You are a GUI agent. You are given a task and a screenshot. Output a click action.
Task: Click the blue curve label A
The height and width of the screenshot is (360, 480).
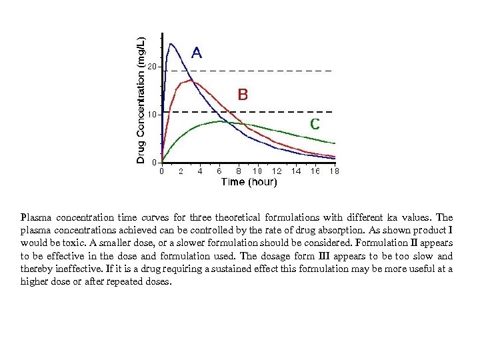tap(198, 52)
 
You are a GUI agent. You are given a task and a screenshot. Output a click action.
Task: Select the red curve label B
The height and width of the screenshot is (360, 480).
tap(243, 95)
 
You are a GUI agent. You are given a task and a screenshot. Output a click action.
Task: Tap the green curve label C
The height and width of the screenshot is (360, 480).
tap(315, 123)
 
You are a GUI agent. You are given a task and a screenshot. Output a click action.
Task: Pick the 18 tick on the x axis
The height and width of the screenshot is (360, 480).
tap(334, 171)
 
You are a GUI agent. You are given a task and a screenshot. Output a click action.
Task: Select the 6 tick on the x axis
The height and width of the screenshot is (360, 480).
tap(219, 171)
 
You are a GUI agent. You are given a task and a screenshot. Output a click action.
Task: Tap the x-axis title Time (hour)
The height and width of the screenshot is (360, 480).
tap(249, 182)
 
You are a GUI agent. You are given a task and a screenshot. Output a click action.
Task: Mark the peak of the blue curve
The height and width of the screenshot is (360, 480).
tap(171, 44)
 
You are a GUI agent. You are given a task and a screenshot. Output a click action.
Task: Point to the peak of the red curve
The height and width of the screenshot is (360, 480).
tap(191, 81)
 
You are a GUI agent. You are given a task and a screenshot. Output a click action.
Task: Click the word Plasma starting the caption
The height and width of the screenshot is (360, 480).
tap(35, 217)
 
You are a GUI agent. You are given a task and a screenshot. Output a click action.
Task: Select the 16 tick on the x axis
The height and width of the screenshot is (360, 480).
tap(315, 171)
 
